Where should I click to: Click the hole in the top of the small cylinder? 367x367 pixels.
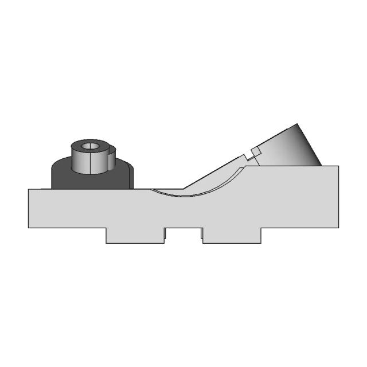point(89,146)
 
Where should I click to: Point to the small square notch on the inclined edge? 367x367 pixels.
point(253,153)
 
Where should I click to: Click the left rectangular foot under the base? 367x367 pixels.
point(135,235)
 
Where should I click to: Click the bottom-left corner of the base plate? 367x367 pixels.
point(29,228)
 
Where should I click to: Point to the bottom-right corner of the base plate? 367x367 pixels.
point(338,228)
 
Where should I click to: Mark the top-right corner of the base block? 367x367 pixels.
point(338,166)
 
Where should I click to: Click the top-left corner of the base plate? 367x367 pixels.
point(29,189)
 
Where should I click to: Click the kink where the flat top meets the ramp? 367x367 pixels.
point(183,188)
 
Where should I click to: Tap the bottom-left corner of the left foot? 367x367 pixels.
point(106,243)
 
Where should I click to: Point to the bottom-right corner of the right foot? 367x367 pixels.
point(261,243)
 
